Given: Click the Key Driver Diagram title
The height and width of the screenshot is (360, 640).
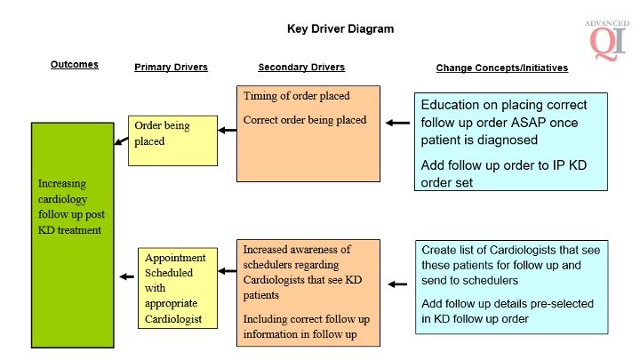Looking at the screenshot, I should point(340,28).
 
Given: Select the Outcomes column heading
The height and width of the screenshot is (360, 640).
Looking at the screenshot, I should point(74,65).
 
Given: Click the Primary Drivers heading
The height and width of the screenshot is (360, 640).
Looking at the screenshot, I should point(171,68).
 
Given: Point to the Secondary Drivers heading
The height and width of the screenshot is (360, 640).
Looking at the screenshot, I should point(301,68).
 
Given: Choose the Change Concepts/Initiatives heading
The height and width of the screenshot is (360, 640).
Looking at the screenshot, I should point(501,68).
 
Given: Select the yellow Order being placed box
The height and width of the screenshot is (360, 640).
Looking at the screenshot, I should point(172,140).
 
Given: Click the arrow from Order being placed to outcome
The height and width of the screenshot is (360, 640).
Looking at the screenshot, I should point(120,140).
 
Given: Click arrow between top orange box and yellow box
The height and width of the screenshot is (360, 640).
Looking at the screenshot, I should point(228,131).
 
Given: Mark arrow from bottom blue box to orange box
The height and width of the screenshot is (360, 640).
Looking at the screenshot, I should point(398,285).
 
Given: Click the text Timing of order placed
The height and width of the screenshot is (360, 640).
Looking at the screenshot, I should point(296,96).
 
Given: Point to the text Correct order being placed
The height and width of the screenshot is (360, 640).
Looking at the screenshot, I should point(303,120).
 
